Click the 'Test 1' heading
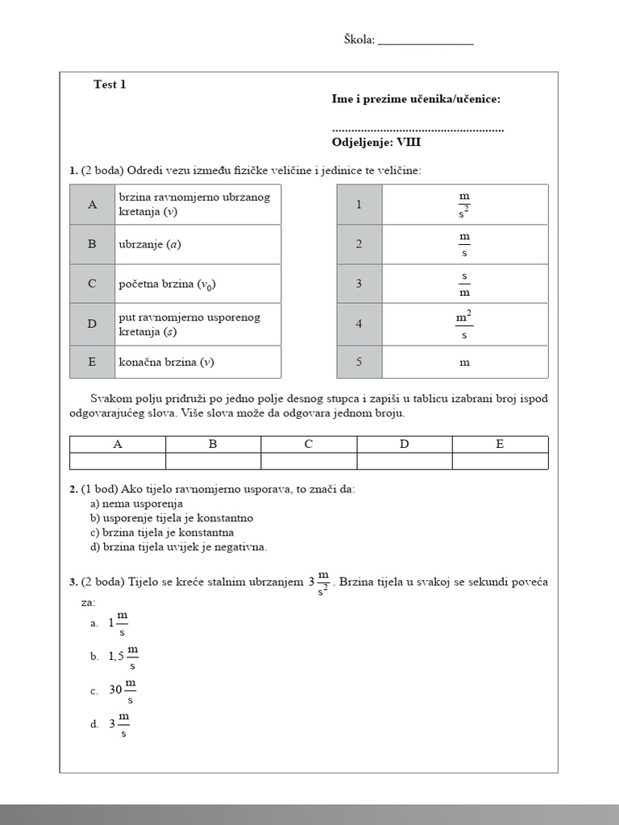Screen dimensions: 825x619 coord(110,85)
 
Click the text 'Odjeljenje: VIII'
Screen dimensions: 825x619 coord(376,142)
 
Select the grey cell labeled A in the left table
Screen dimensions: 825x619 coord(93,205)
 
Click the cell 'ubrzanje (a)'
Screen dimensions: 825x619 coord(199,244)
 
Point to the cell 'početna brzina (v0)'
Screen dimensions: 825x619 coord(199,284)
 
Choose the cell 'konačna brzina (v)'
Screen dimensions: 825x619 coord(199,363)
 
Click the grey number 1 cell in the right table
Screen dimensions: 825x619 coord(359,205)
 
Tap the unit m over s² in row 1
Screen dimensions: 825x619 coord(464,205)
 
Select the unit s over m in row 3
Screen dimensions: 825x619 coord(464,284)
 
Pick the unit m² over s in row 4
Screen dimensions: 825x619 coord(464,323)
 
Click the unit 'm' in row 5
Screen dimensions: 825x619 coord(464,363)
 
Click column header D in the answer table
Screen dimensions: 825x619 coord(405,444)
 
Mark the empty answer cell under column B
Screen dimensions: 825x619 coord(213,461)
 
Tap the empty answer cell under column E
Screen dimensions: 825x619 coord(500,461)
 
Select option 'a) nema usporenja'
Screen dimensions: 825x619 coord(137,504)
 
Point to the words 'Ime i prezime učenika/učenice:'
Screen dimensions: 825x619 coord(416,99)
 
